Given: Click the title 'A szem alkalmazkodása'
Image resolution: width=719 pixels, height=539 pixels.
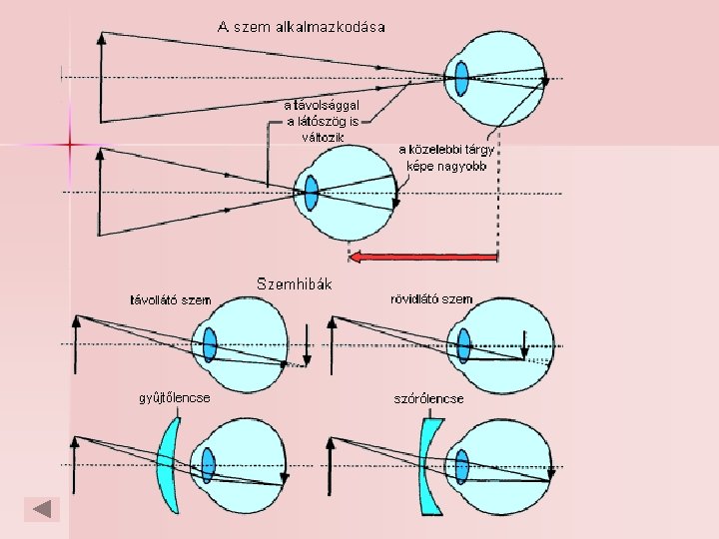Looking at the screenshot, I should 301,26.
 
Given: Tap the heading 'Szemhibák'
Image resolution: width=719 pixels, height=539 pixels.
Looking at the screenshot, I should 295,284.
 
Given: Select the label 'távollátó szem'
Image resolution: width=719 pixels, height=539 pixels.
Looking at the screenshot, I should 171,298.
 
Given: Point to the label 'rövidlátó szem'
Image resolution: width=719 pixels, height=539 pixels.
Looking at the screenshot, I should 431,298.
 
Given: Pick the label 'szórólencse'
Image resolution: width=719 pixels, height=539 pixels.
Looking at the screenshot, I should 429,398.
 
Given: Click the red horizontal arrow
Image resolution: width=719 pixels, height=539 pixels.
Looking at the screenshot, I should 423,258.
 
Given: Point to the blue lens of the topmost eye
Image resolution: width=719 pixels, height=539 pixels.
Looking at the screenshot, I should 461,78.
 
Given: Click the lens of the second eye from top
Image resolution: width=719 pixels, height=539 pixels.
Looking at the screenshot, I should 311,191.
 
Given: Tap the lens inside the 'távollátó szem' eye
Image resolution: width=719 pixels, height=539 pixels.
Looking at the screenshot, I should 210,344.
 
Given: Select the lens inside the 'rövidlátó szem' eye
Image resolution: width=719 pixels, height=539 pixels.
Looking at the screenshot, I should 462,344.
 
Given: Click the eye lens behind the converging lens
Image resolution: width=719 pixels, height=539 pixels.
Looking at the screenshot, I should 208,465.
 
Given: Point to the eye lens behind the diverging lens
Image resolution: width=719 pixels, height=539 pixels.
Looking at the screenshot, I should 462,465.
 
